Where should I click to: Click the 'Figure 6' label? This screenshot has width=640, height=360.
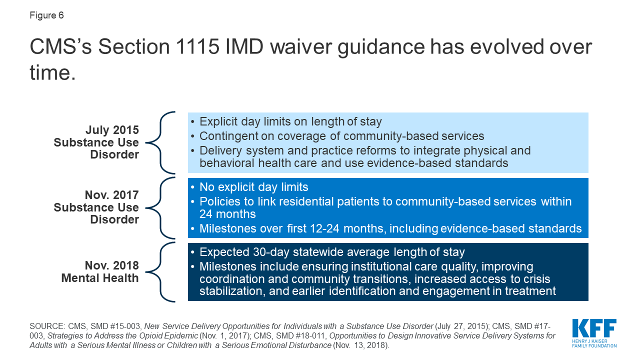(46, 15)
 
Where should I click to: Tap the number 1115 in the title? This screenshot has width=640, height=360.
(197, 46)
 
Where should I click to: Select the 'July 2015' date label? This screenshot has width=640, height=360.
(112, 130)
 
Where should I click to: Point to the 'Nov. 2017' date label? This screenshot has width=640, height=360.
(112, 195)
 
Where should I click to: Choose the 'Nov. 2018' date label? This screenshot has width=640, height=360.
(112, 265)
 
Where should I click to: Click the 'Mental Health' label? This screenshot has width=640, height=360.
(100, 278)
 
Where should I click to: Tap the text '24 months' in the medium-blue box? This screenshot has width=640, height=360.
(227, 214)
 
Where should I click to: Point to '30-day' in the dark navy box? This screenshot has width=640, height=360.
(271, 252)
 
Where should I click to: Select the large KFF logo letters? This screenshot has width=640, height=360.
(594, 328)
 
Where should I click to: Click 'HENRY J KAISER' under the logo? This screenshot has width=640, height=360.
(589, 341)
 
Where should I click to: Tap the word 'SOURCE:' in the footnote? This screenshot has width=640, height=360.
(47, 326)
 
